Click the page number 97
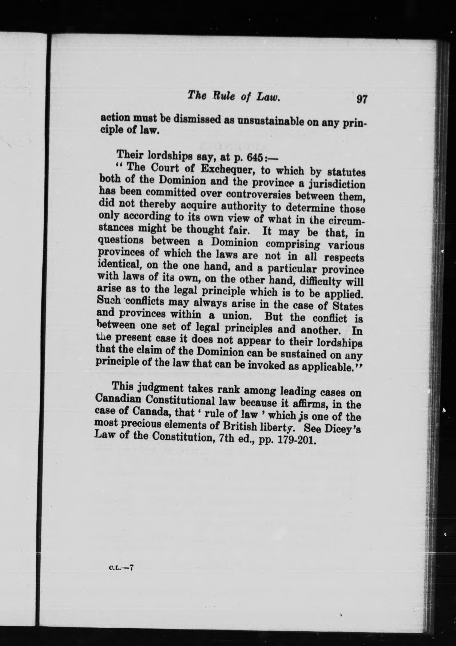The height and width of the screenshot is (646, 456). coord(362,99)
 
